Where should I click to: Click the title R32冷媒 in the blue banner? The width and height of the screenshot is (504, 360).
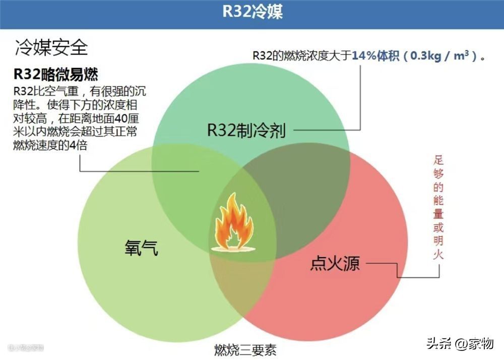coord(253,12)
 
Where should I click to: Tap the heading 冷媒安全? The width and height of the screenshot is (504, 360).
coord(51,47)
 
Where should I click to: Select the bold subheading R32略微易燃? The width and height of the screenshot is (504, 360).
coord(55,75)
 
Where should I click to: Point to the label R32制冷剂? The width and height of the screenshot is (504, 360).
coord(246,131)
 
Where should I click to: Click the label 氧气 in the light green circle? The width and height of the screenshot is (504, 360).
coord(142,247)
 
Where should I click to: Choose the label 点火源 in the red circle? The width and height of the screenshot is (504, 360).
coord(335,263)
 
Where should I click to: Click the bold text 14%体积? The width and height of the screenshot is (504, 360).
coord(376,55)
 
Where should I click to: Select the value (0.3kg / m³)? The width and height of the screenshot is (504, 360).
coord(444,55)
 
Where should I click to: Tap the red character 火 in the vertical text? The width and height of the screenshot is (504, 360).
coord(438,255)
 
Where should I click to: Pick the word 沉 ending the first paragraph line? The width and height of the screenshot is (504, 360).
coord(142,91)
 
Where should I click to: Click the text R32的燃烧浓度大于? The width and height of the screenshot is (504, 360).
coord(301,56)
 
